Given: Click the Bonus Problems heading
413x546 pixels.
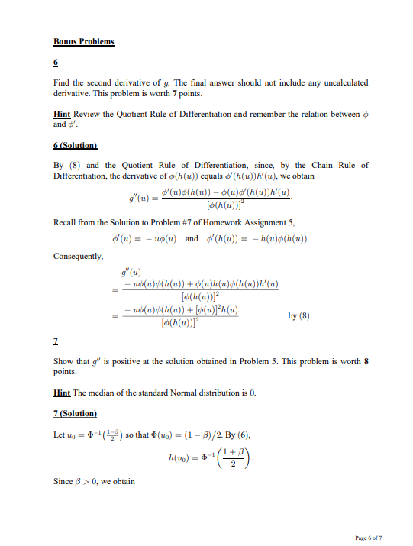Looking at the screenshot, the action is pyautogui.click(x=84, y=41).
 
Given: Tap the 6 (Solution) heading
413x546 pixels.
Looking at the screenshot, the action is pyautogui.click(x=76, y=144).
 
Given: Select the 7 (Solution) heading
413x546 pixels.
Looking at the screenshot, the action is pyautogui.click(x=76, y=413).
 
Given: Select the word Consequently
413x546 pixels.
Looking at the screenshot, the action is pyautogui.click(x=79, y=256).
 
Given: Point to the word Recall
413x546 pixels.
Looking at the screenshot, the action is pyautogui.click(x=65, y=221).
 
